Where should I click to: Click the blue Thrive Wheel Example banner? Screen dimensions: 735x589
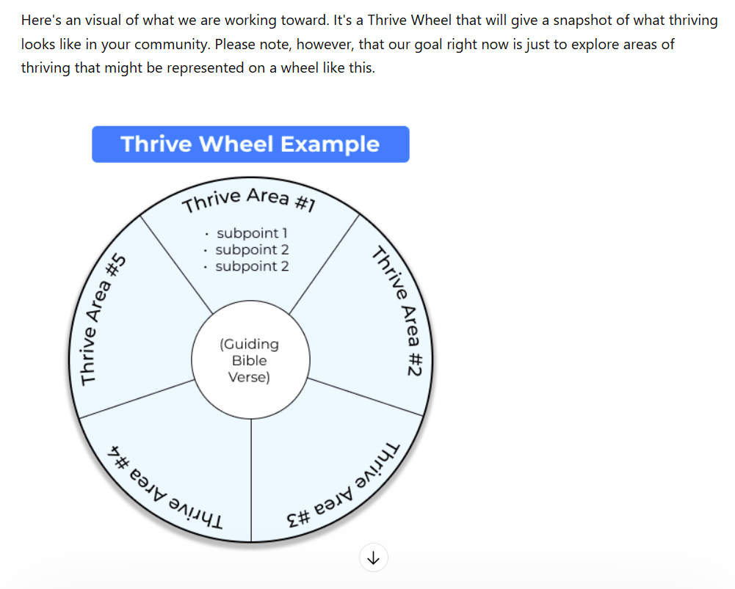(250, 144)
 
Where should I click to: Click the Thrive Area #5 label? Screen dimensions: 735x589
(102, 320)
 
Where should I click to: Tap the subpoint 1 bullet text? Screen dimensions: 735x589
(252, 233)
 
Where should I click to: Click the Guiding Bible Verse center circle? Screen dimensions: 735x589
(250, 359)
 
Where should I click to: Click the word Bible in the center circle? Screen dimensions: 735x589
(250, 361)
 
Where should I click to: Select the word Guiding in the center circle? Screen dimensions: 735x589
(250, 344)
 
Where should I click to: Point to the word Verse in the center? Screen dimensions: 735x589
(249, 377)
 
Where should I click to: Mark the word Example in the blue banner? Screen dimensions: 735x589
(330, 144)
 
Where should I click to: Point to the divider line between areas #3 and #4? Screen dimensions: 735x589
(251, 480)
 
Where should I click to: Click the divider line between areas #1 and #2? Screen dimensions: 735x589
(325, 264)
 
